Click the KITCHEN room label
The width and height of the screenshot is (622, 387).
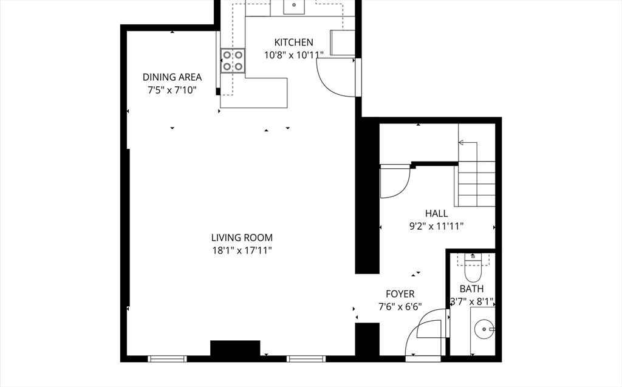click(x=293, y=42)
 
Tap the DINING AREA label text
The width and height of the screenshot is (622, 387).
click(x=172, y=77)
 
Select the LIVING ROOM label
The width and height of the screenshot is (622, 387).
click(x=242, y=238)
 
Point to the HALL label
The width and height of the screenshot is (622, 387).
click(x=436, y=213)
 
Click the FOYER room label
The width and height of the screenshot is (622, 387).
click(x=400, y=294)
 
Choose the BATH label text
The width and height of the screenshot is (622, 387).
click(x=471, y=289)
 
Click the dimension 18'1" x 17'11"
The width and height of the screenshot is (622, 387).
click(x=242, y=250)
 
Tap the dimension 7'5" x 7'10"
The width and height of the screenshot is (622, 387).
click(x=172, y=90)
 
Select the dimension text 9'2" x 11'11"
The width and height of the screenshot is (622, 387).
click(x=436, y=227)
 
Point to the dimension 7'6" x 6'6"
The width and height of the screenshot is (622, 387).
click(x=400, y=307)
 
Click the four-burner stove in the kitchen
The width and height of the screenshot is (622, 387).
click(x=233, y=60)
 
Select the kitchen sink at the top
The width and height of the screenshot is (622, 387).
click(x=294, y=6)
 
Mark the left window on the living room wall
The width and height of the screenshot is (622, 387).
click(x=167, y=359)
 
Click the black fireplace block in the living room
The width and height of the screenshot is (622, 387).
click(x=235, y=348)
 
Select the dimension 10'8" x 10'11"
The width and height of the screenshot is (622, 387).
click(x=293, y=55)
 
